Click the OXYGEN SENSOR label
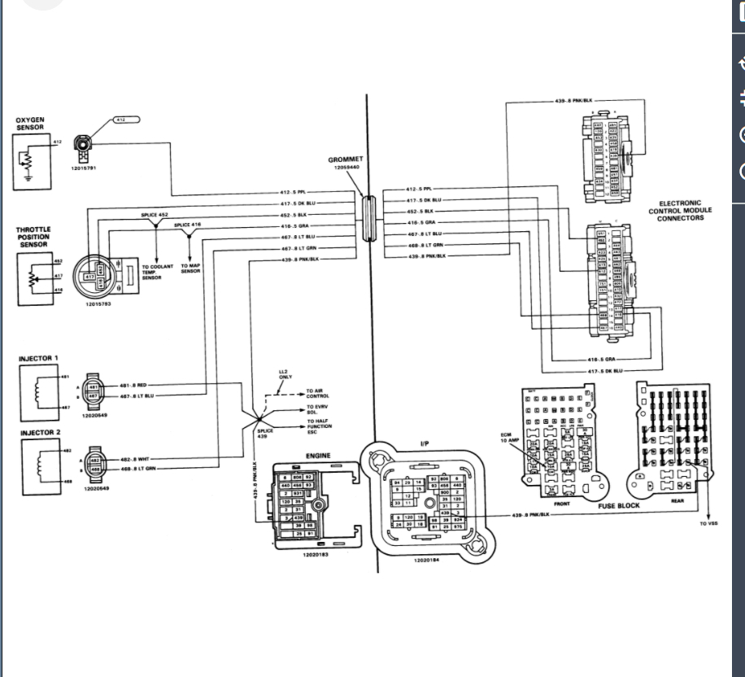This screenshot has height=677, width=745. point(30,124)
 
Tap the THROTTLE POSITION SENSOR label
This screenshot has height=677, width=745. point(33,237)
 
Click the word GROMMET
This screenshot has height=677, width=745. point(346,159)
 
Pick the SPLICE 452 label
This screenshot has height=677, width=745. point(155,215)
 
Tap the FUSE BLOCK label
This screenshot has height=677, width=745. point(619,505)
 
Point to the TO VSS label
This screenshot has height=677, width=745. point(708,523)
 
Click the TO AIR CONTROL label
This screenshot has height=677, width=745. point(317,393)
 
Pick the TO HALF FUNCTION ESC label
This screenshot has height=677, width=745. point(319,426)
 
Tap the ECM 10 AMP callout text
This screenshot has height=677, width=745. point(508,438)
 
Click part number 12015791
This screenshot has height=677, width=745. point(85,168)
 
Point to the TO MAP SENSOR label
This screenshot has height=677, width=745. point(190,269)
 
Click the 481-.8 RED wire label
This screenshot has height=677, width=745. point(134,385)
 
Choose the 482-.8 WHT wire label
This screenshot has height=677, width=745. point(135,460)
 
